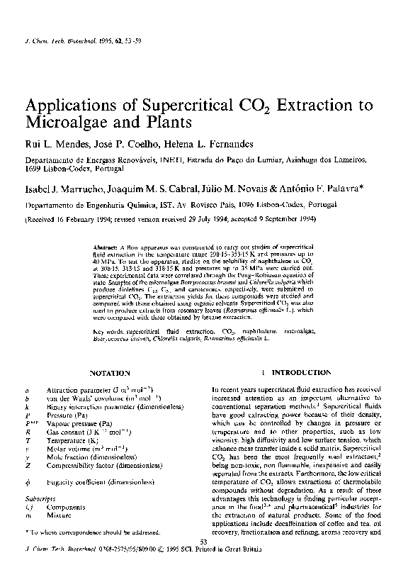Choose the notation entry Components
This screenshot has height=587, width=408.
65,509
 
